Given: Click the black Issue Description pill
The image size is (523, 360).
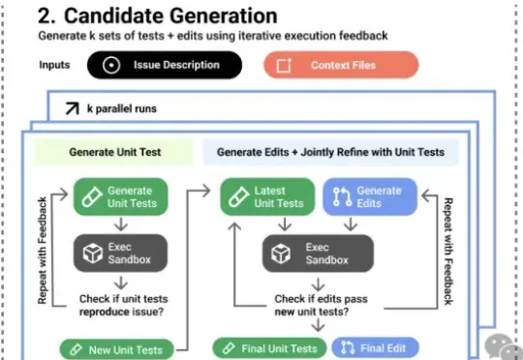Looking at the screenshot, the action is (x=165, y=65).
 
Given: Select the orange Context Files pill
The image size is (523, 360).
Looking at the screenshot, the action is (x=341, y=65).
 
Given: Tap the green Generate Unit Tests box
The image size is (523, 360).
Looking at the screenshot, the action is (x=120, y=196).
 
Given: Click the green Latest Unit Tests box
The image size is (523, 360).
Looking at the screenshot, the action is (x=267, y=196).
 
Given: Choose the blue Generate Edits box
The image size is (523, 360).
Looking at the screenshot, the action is (x=370, y=196).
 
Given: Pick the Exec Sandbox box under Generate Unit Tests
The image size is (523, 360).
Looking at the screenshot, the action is (x=120, y=253).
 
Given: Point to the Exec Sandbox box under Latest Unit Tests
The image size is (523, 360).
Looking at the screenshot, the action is (x=318, y=254).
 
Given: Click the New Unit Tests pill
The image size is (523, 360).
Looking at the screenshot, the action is (x=117, y=349).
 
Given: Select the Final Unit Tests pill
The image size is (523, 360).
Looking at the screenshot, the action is (x=269, y=348).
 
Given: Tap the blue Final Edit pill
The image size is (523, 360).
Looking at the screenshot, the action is (x=375, y=348).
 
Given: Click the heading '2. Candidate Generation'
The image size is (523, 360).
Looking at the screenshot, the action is (x=158, y=15).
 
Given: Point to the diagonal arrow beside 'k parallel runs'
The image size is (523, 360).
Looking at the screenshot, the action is (x=72, y=108).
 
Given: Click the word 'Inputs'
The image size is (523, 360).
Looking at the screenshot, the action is (x=54, y=65).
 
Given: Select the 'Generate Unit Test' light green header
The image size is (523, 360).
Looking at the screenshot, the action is (x=113, y=152).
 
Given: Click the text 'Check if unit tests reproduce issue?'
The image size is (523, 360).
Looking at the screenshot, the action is (x=123, y=305).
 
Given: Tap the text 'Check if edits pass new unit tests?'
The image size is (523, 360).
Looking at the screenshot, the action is (x=321, y=305).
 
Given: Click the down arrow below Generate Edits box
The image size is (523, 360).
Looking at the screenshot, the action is (x=351, y=224).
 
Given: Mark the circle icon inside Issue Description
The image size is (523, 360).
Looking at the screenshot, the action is (x=111, y=65).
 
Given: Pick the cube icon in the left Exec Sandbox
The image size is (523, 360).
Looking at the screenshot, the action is (x=93, y=253).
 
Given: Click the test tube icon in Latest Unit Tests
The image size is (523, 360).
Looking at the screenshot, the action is (x=239, y=196).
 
